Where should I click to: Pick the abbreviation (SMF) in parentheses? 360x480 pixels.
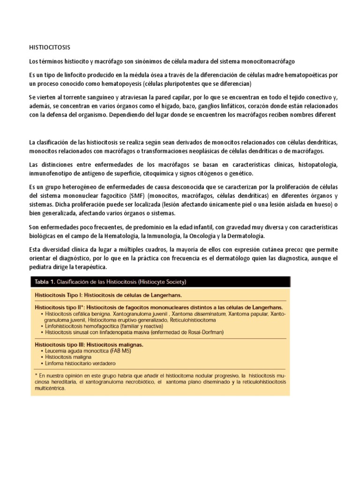click(128, 195)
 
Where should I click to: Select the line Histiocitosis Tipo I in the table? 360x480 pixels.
click(108, 295)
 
